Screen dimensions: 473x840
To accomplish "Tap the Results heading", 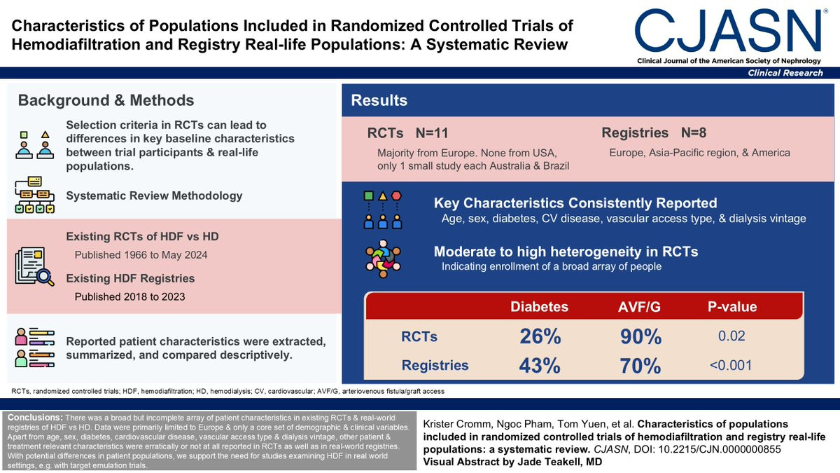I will point(379,100).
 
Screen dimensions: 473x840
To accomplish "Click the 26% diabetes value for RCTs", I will point(540,336).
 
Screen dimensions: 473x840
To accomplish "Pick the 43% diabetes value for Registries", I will point(540,365).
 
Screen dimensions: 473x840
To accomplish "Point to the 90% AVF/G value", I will point(640,336).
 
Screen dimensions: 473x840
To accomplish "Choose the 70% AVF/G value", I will point(640,365).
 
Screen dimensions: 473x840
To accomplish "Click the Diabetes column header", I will point(540,306).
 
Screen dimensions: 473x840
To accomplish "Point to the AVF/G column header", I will point(641,306).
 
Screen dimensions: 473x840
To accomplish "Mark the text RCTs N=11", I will point(407,133).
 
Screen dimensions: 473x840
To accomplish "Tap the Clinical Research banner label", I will point(785,74).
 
